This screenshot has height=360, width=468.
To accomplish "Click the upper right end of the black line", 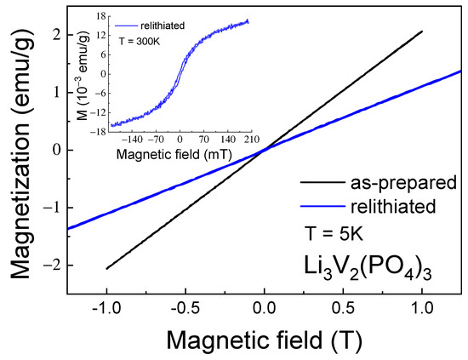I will point(423,31).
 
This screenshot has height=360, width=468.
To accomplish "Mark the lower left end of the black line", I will point(106,269).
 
